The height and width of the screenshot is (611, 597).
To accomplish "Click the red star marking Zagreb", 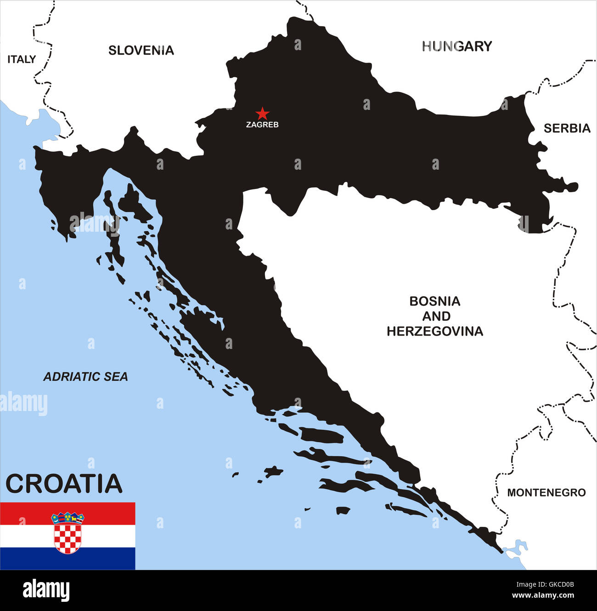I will pos(262,113).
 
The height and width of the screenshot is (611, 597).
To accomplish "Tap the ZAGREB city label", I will pos(262,125).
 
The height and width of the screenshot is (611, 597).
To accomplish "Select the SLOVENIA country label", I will pos(141,51).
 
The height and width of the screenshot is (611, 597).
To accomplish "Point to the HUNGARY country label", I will pos(457,46).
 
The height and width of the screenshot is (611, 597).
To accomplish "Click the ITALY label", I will pos(22,59).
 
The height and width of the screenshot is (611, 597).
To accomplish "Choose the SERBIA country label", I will pos(567,129).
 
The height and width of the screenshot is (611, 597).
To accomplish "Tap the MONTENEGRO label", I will pos(546,493).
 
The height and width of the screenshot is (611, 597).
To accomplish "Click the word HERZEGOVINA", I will pos(434,331).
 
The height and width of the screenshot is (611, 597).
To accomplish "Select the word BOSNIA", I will pos(434,302).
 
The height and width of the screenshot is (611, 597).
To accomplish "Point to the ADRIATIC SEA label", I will pos(85,377).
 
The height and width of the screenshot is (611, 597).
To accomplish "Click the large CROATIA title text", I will pos(64,484).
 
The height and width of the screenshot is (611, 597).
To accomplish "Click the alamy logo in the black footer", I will pos(46,590).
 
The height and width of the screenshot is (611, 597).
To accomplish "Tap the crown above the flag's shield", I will pos(68,518).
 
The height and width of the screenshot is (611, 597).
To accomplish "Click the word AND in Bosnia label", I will pos(436,316).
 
